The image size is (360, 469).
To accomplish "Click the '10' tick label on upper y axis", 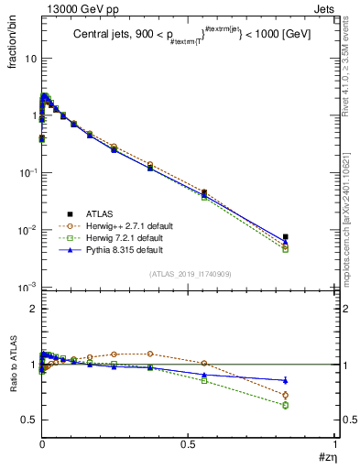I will pos(30,59).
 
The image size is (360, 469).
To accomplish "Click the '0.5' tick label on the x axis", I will pos(189,443).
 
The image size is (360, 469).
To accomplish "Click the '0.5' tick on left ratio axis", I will pos(29,420).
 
